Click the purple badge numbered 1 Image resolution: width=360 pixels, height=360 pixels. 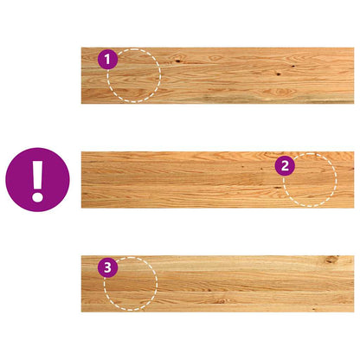pos(107,60)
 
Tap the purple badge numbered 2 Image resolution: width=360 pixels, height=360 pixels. pos(284,164)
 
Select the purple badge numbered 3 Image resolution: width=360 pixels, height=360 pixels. pos(107,267)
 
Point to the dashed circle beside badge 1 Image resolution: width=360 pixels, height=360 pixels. pos(135,77)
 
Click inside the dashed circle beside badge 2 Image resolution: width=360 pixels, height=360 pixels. pos(310,180)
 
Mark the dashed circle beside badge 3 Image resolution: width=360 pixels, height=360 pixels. pos(131,284)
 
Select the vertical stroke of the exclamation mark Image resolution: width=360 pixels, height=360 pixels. pos(37,171)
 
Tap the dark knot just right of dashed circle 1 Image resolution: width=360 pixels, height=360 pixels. pos(177,61)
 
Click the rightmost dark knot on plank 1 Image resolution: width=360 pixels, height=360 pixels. pos(292,66)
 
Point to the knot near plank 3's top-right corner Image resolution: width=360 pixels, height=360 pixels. pos(331,260)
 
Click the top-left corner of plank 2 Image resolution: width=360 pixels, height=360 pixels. pos(82,152)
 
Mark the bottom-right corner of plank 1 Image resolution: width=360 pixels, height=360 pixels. pos(353,103)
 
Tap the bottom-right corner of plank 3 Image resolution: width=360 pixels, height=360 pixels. pos(353,311)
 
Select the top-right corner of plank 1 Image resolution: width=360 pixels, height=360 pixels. pos(353,48)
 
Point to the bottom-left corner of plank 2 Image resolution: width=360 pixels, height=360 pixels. pos(82,207)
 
